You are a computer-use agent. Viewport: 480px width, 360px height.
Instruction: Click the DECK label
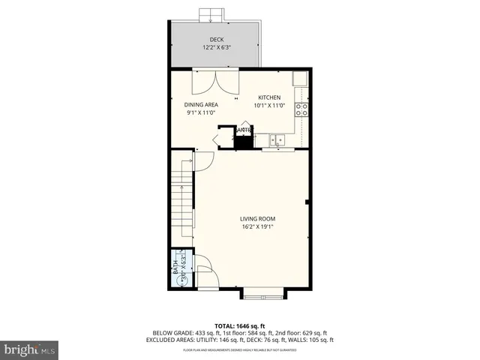pyautogui.click(x=217, y=40)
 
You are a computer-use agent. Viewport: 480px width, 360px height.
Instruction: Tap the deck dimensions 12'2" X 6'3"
pyautogui.click(x=217, y=48)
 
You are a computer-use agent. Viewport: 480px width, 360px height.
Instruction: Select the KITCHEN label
pyautogui.click(x=269, y=98)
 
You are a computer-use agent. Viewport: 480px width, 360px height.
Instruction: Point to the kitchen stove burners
pyautogui.click(x=302, y=110)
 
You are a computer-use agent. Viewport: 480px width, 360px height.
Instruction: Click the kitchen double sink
pyautogui.click(x=276, y=139)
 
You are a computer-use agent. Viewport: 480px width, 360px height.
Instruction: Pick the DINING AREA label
pyautogui.click(x=201, y=105)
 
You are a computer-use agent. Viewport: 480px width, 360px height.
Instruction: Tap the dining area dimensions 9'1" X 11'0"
pyautogui.click(x=201, y=113)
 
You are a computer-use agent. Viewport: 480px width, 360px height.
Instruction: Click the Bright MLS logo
pyautogui.click(x=29, y=349)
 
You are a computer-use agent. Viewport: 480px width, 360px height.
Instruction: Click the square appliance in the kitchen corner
pyautogui.click(x=299, y=79)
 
